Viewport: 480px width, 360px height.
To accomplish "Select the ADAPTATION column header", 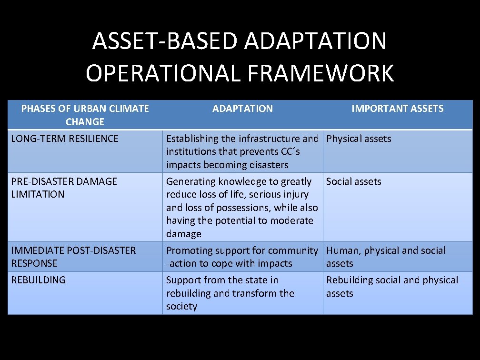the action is click(242, 109).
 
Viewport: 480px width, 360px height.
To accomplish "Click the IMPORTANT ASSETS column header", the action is click(397, 109).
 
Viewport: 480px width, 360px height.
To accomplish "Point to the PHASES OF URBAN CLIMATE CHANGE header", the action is click(85, 115).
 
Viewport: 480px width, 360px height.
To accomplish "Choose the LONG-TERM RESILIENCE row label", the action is click(65, 139).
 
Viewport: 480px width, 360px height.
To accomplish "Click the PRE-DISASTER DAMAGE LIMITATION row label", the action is click(64, 188).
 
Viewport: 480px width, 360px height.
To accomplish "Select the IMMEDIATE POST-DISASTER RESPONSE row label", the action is click(73, 257).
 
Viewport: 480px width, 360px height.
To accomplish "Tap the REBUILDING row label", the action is click(39, 280).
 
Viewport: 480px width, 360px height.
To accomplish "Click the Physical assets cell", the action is click(359, 139).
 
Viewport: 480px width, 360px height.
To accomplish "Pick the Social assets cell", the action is click(353, 181).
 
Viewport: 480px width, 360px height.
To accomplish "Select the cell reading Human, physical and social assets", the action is click(386, 257).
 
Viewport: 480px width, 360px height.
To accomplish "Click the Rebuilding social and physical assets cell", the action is click(392, 286).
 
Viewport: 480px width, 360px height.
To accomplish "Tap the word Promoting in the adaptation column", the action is click(189, 250).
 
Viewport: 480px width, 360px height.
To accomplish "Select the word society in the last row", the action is click(181, 307).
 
